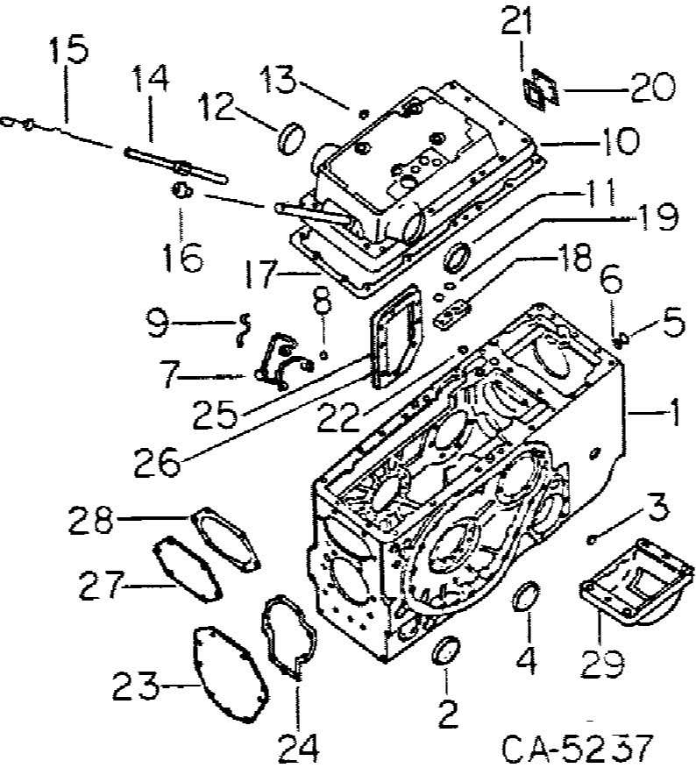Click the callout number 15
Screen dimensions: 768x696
(x=67, y=50)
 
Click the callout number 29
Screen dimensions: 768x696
(x=603, y=664)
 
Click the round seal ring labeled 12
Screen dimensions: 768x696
(x=290, y=139)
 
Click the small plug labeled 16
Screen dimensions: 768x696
(x=181, y=190)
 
